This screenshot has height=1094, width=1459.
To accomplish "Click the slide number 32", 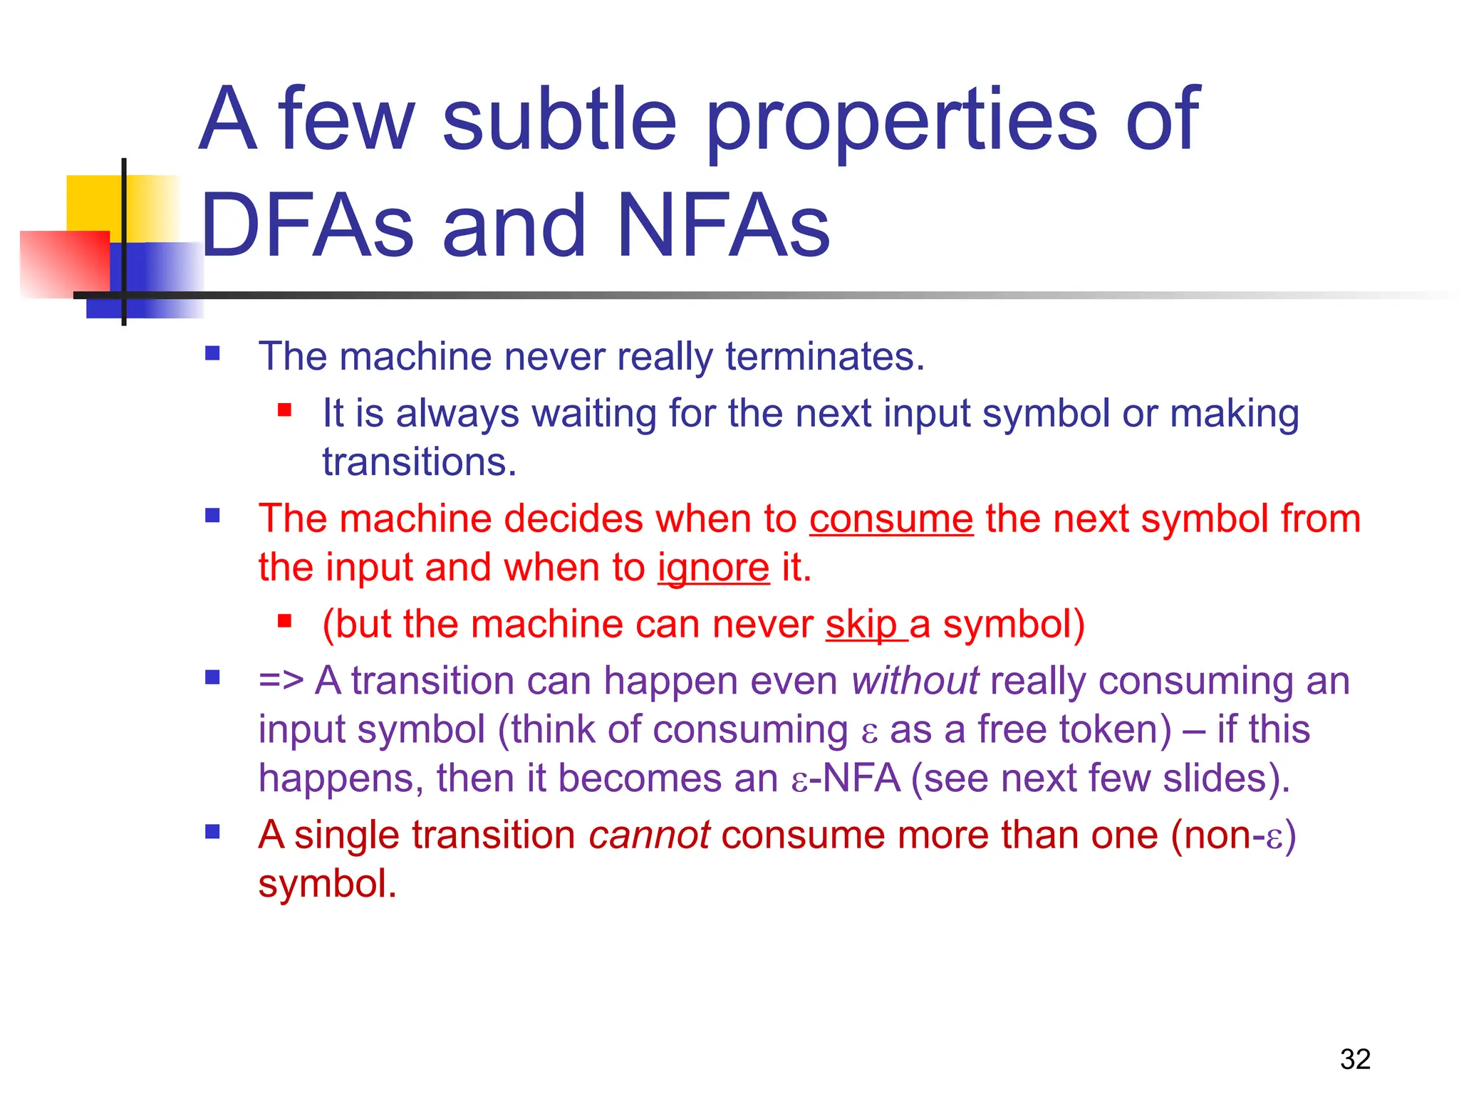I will point(1355,1059).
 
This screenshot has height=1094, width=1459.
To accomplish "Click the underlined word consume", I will point(891,519).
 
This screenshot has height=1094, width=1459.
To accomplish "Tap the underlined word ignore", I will point(713,568).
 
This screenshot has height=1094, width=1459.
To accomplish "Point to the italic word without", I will point(915,680).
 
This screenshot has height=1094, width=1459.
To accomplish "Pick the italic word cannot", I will point(649,835).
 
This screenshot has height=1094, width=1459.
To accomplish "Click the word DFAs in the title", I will point(307,226).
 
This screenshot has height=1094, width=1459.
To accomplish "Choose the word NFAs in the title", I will point(724,226).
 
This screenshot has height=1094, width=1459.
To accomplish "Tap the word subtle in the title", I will point(559,118).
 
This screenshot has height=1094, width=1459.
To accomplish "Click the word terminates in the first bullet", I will point(824,356).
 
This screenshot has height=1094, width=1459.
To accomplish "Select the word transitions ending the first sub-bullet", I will point(418,462).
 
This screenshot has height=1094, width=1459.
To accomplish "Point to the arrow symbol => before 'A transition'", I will point(281,680).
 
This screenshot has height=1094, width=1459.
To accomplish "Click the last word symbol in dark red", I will point(326,884).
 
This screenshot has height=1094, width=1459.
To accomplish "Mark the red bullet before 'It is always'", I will point(285,410).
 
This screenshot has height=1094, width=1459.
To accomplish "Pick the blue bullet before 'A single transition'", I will point(212,832).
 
